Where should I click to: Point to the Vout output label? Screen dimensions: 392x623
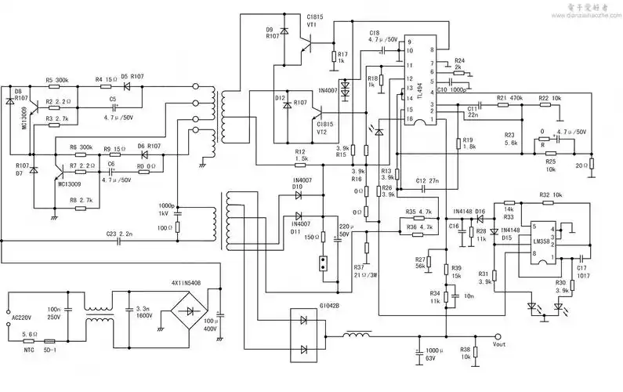(498, 344)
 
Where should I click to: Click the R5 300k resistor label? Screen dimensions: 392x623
(56, 80)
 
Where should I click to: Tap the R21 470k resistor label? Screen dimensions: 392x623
(510, 98)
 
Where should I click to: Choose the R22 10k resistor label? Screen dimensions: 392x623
(549, 98)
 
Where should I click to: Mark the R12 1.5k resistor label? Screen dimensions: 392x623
(301, 154)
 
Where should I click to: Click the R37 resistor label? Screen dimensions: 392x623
(359, 270)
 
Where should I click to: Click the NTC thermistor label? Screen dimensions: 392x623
(30, 350)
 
